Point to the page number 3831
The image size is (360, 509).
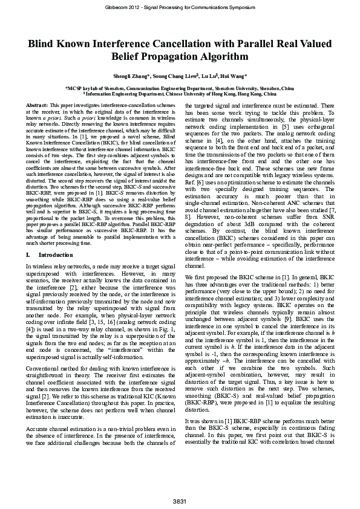click(180, 502)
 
